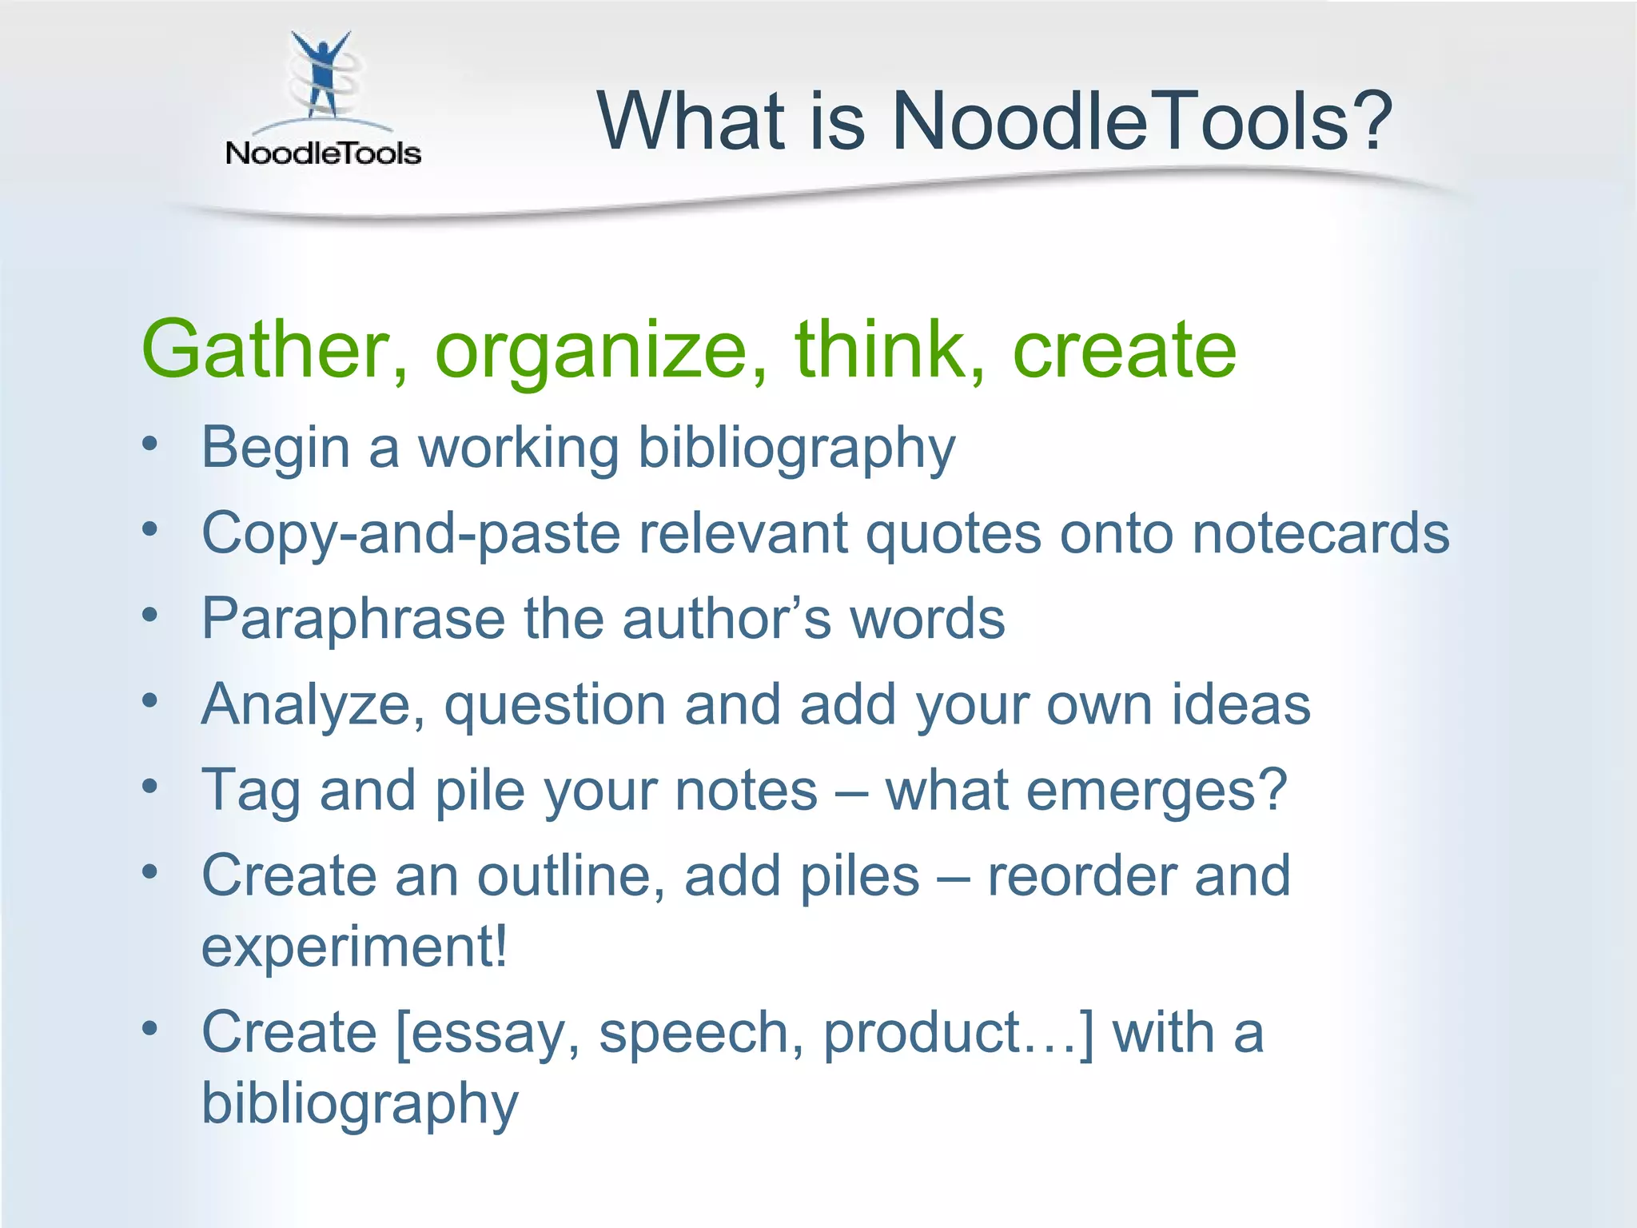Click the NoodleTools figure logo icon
tap(321, 77)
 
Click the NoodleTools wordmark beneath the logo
tap(323, 153)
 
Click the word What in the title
tap(691, 122)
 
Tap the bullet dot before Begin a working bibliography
tap(150, 445)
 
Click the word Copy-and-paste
tap(410, 534)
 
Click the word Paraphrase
tap(353, 620)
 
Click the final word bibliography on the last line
tap(360, 1104)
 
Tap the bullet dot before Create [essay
tap(150, 1030)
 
